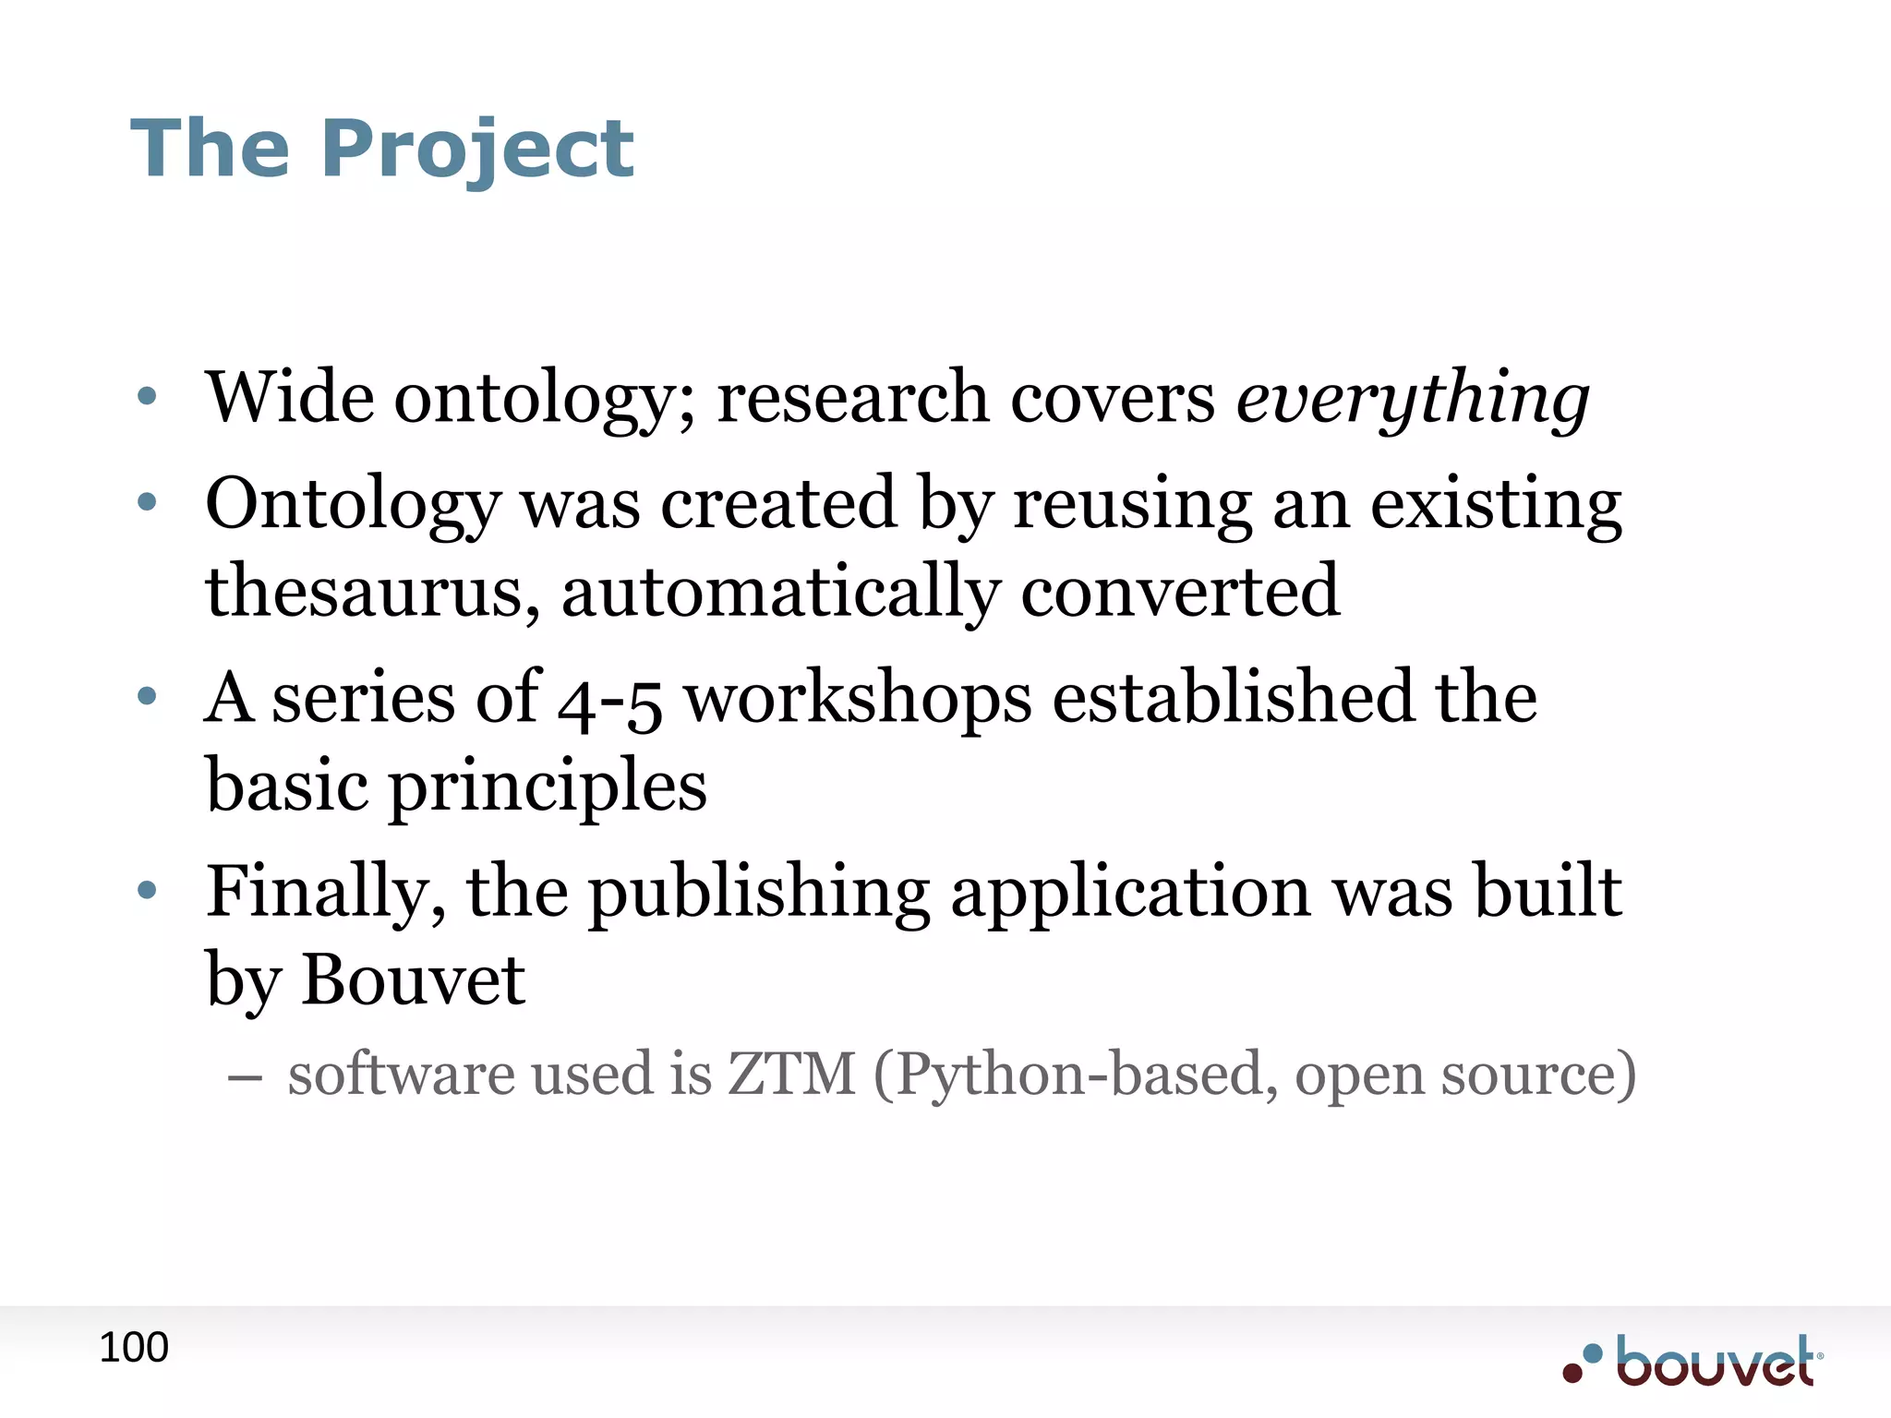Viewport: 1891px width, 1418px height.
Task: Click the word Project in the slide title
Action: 477,150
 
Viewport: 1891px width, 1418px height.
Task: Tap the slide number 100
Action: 134,1348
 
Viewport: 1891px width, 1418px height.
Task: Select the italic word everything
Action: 1413,399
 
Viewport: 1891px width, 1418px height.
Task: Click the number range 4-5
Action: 610,700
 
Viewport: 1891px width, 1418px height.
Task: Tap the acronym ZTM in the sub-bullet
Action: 792,1075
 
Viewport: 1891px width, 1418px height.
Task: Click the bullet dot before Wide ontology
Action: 147,399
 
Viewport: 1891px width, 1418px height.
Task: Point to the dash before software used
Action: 244,1077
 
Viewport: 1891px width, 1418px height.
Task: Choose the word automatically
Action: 781,592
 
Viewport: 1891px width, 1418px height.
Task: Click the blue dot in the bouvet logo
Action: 1592,1354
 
